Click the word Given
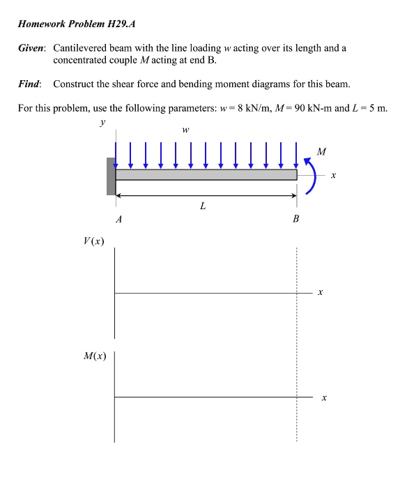31,49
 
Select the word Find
29,84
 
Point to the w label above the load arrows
185,129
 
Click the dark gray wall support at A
111,176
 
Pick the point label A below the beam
118,219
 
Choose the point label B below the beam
296,219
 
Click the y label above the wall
102,123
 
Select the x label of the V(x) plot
320,294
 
